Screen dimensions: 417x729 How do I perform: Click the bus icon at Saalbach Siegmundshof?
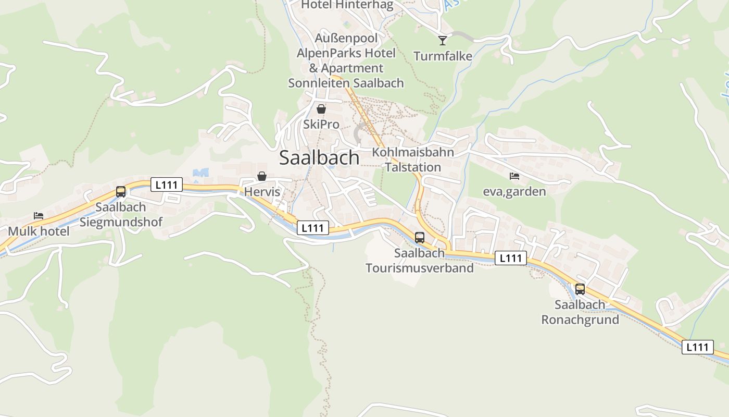[121, 192]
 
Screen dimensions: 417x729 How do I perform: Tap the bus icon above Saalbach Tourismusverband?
[420, 238]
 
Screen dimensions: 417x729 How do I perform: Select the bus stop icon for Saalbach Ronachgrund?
[580, 289]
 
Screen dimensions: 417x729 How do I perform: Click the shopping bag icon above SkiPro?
[321, 109]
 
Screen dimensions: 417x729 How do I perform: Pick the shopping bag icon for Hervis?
[262, 177]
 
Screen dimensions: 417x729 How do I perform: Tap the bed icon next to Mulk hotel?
[39, 216]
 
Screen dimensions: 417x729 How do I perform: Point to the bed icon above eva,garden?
[514, 176]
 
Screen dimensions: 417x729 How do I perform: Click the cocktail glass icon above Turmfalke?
[443, 40]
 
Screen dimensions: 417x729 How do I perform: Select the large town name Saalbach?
[319, 157]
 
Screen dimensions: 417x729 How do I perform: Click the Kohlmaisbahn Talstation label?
[413, 160]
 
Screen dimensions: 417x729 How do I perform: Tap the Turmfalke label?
[443, 56]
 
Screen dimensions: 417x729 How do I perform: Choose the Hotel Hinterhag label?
[347, 5]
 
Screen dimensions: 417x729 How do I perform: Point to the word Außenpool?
[346, 38]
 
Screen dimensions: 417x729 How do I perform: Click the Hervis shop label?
[262, 192]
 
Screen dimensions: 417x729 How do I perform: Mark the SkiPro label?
[321, 125]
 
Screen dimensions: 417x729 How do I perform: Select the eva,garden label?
[514, 191]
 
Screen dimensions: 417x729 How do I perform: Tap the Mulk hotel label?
[39, 231]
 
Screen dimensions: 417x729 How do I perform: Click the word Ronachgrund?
[580, 320]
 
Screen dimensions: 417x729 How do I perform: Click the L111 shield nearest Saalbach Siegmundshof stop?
[167, 184]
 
